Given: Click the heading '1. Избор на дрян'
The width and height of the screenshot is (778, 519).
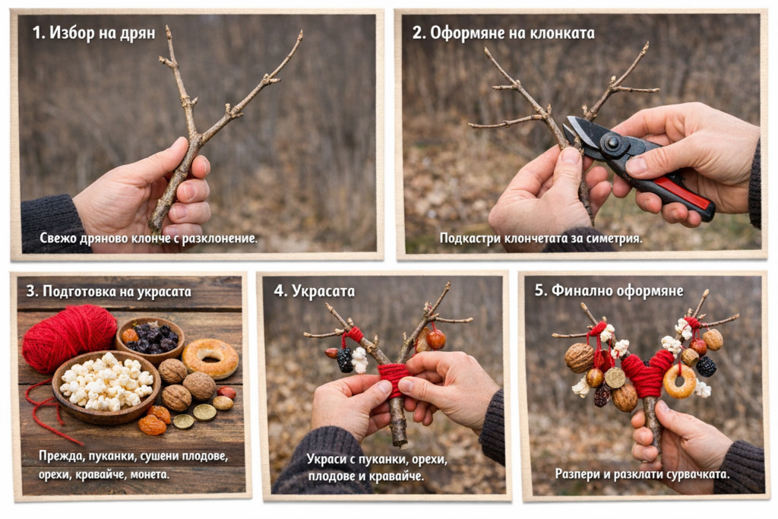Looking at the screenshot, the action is point(93,33).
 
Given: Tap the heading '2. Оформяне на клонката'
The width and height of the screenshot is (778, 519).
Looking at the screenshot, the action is point(503,33).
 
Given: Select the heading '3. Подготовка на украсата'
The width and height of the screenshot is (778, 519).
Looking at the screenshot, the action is point(108,291).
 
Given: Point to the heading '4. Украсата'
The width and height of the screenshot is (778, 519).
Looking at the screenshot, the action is point(314,291).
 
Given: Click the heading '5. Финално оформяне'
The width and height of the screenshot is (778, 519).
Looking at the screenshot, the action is point(609,291).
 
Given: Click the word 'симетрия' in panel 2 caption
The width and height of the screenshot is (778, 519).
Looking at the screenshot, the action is point(614,239).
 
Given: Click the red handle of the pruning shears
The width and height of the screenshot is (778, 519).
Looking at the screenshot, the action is point(682,192).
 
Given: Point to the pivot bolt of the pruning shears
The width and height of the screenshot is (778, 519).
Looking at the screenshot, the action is point(611,143).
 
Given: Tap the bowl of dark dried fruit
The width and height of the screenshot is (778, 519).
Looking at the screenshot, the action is point(150,340).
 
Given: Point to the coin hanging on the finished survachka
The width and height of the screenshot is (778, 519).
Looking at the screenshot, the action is point(615,378).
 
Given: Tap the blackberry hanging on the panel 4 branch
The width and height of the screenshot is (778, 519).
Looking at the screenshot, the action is point(345,359).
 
